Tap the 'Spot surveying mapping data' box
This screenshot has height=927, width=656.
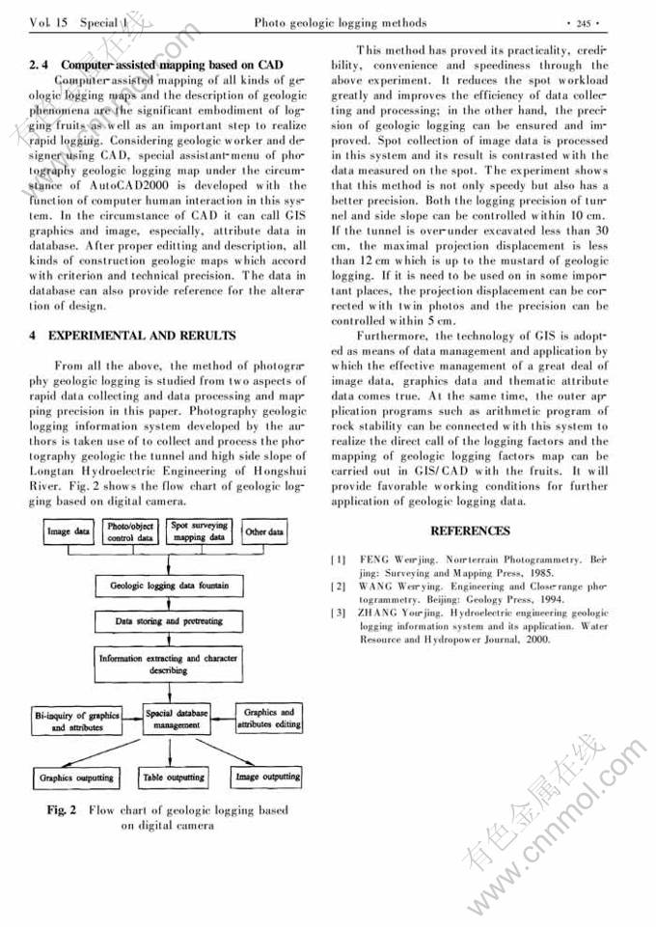tap(199, 532)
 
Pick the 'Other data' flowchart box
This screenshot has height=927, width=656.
tap(263, 532)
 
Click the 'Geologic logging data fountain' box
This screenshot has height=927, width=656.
tap(169, 586)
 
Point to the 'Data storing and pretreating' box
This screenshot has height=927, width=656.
tap(169, 621)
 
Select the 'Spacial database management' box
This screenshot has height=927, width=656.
tap(173, 720)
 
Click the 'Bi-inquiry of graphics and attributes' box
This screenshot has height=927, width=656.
tap(77, 721)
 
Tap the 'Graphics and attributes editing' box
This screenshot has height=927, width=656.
tap(268, 719)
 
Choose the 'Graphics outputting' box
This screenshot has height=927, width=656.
tap(76, 777)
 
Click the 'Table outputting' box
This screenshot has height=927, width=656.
tap(174, 777)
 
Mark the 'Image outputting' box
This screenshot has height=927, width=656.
tap(268, 776)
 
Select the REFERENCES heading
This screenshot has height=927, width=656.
tap(470, 532)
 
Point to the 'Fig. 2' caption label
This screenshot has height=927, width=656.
tap(62, 810)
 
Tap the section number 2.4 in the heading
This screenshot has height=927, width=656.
tap(41, 65)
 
